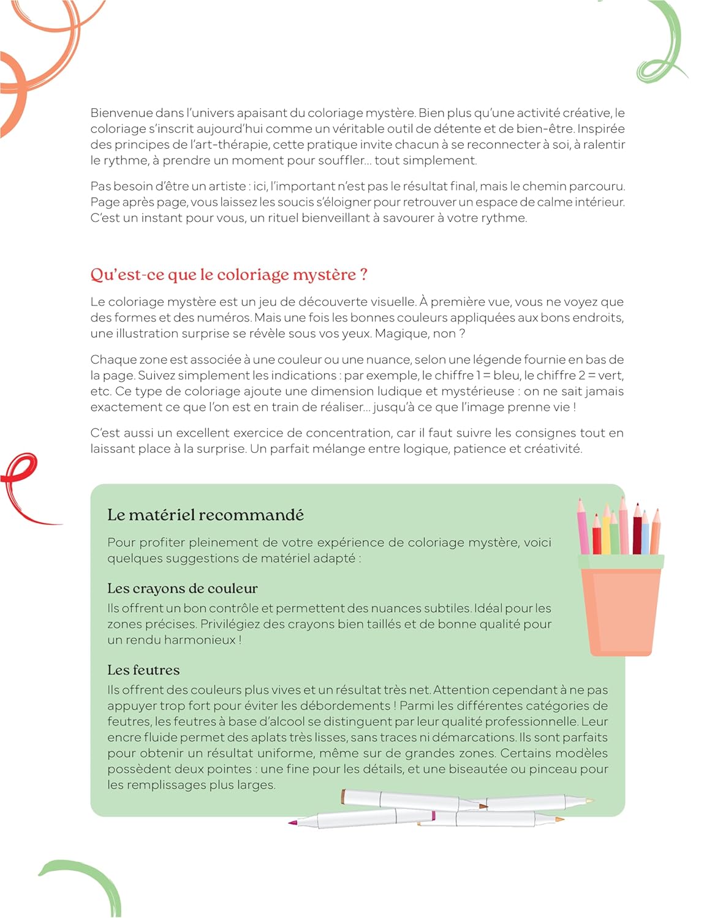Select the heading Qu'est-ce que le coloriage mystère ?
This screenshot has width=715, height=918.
pyautogui.click(x=229, y=275)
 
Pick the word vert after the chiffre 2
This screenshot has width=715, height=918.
pyautogui.click(x=609, y=375)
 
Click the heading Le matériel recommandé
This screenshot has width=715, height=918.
pyautogui.click(x=205, y=515)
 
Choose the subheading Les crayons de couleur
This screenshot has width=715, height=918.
pyautogui.click(x=182, y=589)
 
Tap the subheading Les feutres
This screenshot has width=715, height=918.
pyautogui.click(x=143, y=670)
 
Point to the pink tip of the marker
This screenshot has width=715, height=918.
pyautogui.click(x=293, y=822)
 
